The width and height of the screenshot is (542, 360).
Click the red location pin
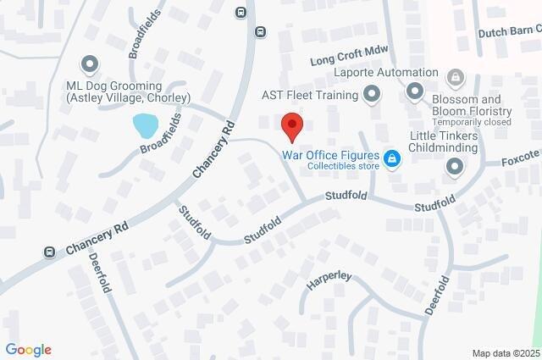click(292, 125)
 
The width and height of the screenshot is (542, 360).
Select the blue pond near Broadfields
click(146, 126)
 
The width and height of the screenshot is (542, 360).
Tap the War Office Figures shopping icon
click(391, 158)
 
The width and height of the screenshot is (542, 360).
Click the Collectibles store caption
click(331, 166)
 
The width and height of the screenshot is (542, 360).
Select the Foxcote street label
click(520, 158)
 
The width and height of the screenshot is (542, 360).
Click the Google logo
click(28, 350)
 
